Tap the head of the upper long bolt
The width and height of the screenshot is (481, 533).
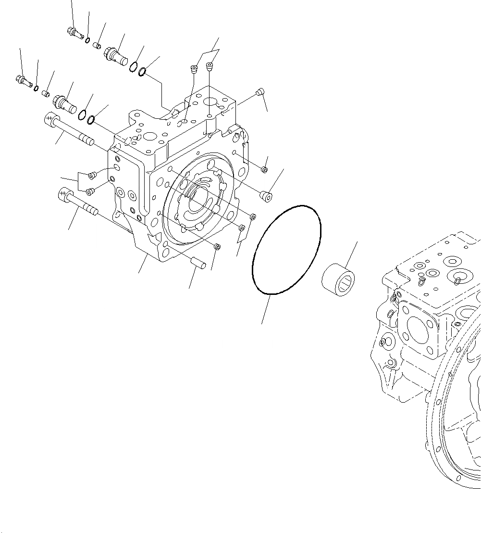tap(50, 118)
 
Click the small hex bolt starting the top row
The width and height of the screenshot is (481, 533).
tap(74, 32)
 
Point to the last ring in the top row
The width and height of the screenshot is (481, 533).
tap(143, 73)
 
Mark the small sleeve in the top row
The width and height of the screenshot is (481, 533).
tap(97, 46)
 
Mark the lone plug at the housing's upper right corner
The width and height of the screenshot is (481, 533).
tap(260, 90)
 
